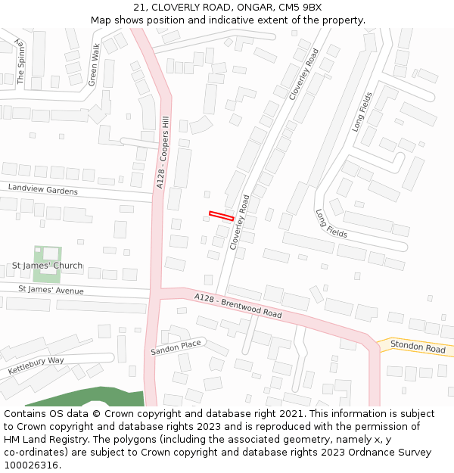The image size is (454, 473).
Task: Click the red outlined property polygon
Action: click(221, 216)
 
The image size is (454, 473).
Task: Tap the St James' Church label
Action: click(47, 266)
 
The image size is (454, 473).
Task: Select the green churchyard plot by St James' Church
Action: click(47, 254)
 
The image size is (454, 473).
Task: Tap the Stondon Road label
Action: click(418, 348)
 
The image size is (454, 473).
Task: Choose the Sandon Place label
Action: click(176, 348)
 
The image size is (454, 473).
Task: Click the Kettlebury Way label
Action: click(36, 366)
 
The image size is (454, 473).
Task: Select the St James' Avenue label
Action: click(51, 290)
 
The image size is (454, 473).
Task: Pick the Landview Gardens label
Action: click(43, 189)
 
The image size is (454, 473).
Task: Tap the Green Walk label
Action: click(94, 64)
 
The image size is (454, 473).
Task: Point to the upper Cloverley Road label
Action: click(304, 73)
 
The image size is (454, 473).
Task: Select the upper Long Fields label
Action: click(362, 112)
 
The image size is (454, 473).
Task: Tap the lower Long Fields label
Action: click(331, 224)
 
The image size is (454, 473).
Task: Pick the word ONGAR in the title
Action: click(255, 8)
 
